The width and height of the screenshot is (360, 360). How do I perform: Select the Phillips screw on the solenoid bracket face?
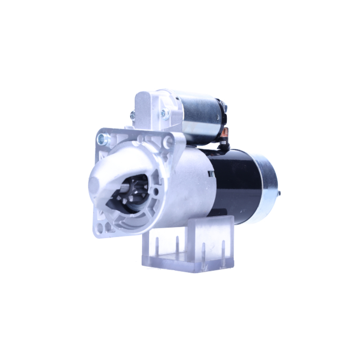click(x=165, y=114)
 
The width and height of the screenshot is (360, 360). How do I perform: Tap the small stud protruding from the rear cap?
click(x=279, y=194)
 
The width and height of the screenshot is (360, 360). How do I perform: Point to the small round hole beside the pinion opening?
click(x=156, y=191)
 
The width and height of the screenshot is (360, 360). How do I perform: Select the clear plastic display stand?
click(x=187, y=248)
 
